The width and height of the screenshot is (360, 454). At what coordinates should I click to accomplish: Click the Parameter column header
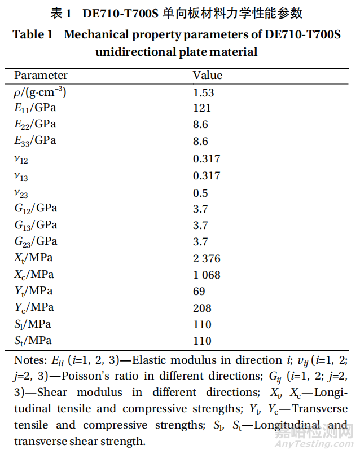tap(41, 76)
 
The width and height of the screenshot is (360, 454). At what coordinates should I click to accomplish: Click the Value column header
tap(208, 76)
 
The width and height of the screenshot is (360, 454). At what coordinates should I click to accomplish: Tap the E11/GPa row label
tap(35, 108)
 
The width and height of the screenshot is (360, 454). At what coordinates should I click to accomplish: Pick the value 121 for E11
tap(201, 108)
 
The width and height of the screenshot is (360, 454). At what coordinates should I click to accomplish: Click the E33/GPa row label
tap(35, 141)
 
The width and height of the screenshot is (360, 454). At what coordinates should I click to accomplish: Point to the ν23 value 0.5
tap(200, 192)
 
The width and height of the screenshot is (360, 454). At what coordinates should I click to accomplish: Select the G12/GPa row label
tap(36, 208)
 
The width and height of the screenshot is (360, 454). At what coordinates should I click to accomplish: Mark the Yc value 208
tap(202, 308)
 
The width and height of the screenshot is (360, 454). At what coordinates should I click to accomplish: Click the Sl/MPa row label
tap(33, 324)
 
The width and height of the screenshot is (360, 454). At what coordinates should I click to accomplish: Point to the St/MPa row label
tap(33, 341)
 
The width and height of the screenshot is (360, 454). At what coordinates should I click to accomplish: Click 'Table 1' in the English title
tap(33, 35)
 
